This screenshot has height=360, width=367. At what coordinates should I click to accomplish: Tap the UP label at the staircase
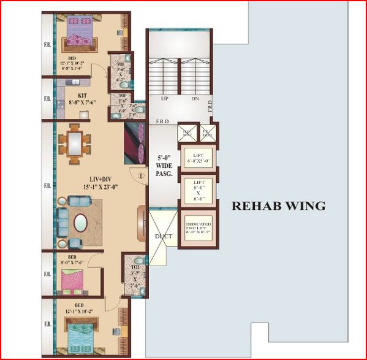[165, 98]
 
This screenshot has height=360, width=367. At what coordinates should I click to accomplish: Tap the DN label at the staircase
[195, 98]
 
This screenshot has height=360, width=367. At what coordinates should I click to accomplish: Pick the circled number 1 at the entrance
[140, 175]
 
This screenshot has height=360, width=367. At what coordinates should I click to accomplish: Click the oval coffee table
[81, 222]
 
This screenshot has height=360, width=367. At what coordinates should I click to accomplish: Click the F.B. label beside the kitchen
[47, 99]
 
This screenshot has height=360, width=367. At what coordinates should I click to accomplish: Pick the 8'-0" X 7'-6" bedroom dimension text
[72, 262]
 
